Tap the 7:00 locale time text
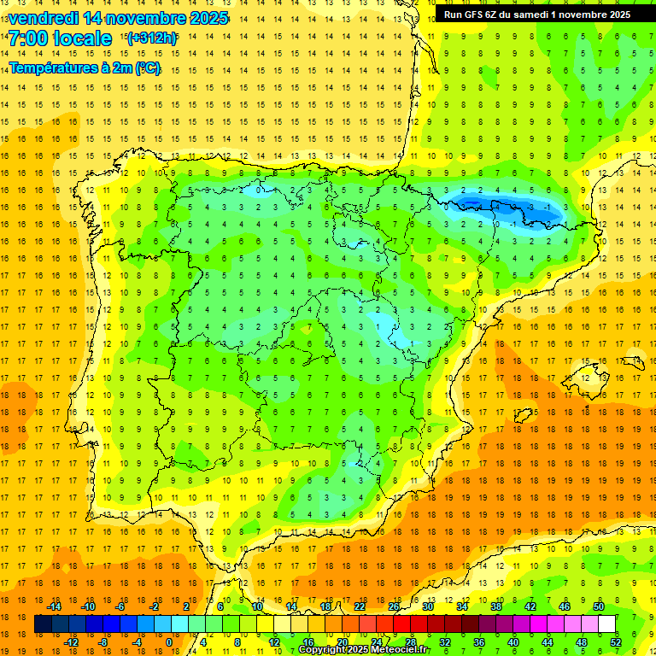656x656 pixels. pyautogui.click(x=60, y=38)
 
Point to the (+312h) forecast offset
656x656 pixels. pyautogui.click(x=151, y=38)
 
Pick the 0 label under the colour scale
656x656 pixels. pyautogui.click(x=169, y=642)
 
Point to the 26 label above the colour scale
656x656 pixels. pyautogui.click(x=394, y=606)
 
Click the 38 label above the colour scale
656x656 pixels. pyautogui.click(x=496, y=606)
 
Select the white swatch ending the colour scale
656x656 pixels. pyautogui.click(x=607, y=624)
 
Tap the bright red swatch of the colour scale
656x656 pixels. pyautogui.click(x=402, y=624)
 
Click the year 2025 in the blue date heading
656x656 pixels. pyautogui.click(x=208, y=17)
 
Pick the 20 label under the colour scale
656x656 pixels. pyautogui.click(x=342, y=642)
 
